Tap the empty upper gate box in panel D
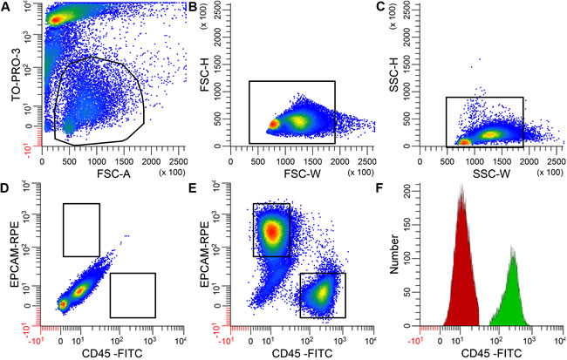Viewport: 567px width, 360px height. [81, 229]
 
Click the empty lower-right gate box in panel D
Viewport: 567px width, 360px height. [132, 295]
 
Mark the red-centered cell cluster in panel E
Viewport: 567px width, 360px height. [271, 231]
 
